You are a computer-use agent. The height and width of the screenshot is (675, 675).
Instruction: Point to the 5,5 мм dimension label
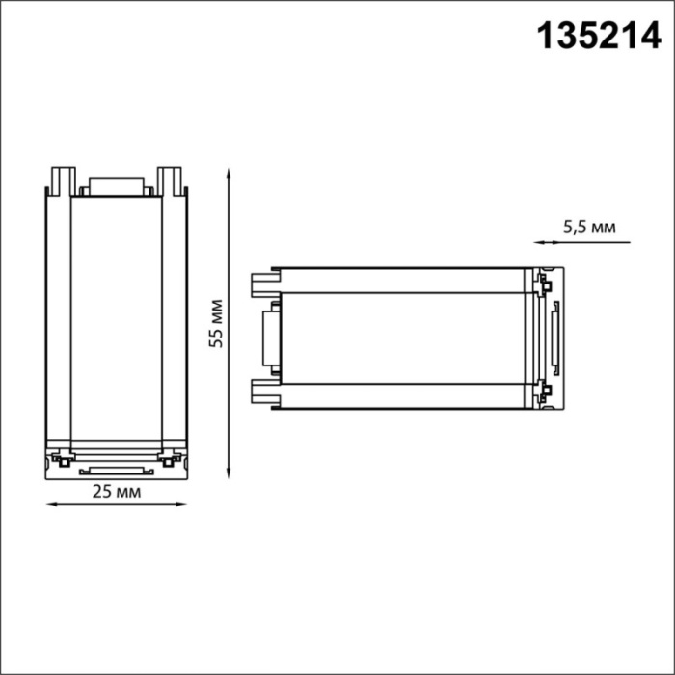tap(588, 228)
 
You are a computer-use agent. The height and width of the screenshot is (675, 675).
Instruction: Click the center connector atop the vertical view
tap(117, 187)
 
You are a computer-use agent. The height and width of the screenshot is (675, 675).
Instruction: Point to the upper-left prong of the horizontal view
tap(262, 283)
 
